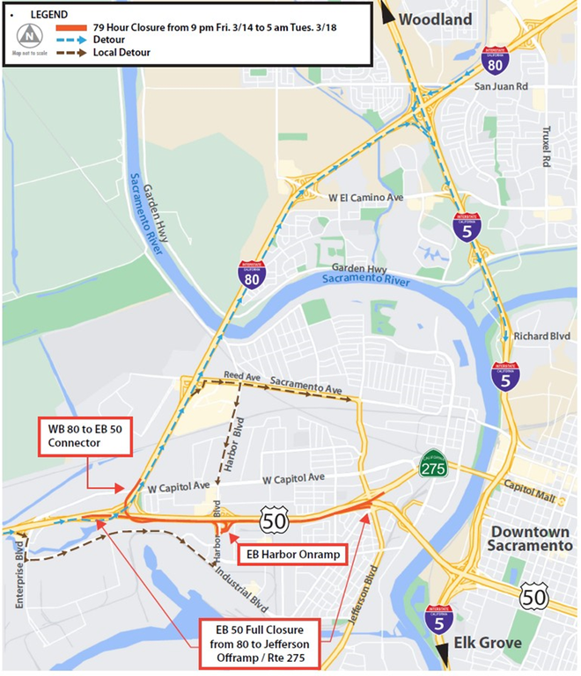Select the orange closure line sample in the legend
(x=74, y=26)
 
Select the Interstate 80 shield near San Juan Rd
(x=496, y=63)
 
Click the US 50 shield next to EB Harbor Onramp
(x=274, y=522)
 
